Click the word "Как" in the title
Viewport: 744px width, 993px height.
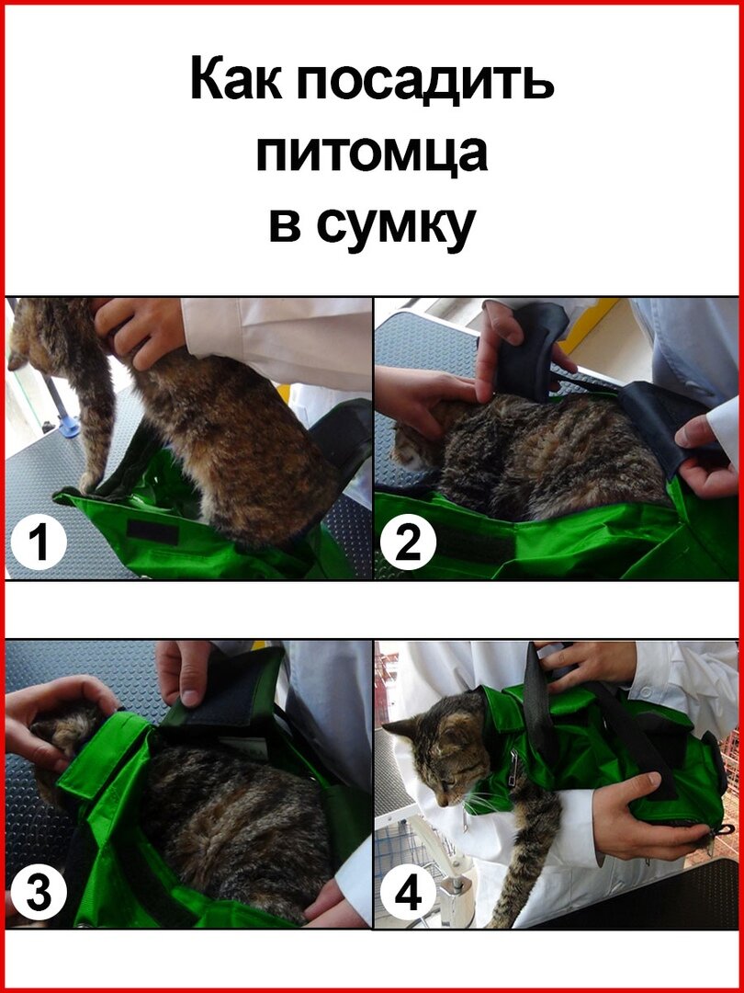point(237,78)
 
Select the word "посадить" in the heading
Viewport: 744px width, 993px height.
point(424,80)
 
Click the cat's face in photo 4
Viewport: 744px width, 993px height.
point(450,760)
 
